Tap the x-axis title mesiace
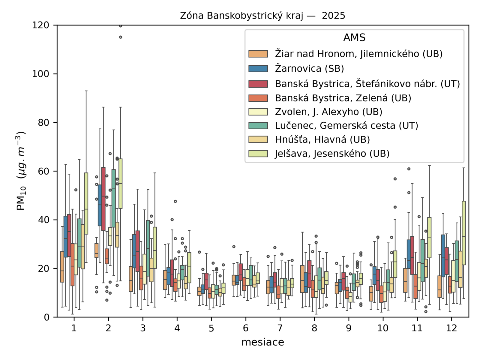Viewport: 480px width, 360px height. pos(262,342)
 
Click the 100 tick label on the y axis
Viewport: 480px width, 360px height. pos(40,74)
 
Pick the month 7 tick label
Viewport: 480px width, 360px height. pos(280,328)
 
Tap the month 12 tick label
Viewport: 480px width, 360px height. pos(451,328)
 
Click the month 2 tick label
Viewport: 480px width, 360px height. pos(108,328)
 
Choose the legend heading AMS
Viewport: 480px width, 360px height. pos(354,38)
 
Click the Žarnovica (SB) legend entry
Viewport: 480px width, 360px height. pos(309,69)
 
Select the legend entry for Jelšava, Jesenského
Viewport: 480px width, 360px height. pos(332,154)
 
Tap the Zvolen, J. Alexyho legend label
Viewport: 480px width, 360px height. pos(328,112)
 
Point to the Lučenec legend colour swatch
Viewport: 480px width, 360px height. pos(258,126)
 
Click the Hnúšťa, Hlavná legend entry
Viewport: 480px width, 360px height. pos(322,139)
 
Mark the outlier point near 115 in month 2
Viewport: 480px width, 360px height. pos(121,37)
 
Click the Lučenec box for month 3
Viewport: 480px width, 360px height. pos(148,248)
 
